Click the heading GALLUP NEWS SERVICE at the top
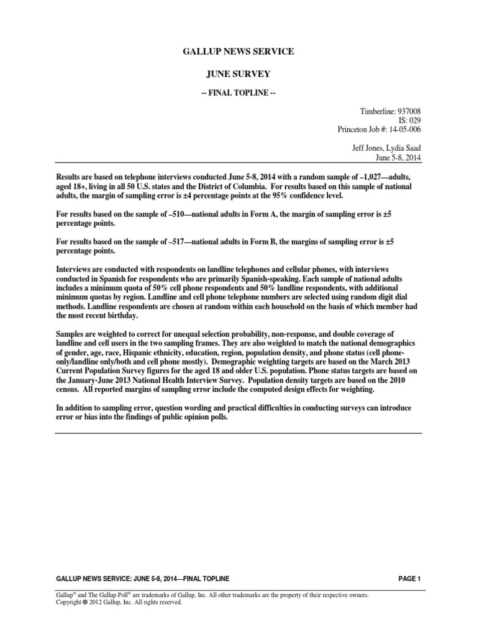click(x=238, y=52)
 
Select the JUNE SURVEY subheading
click(x=238, y=74)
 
